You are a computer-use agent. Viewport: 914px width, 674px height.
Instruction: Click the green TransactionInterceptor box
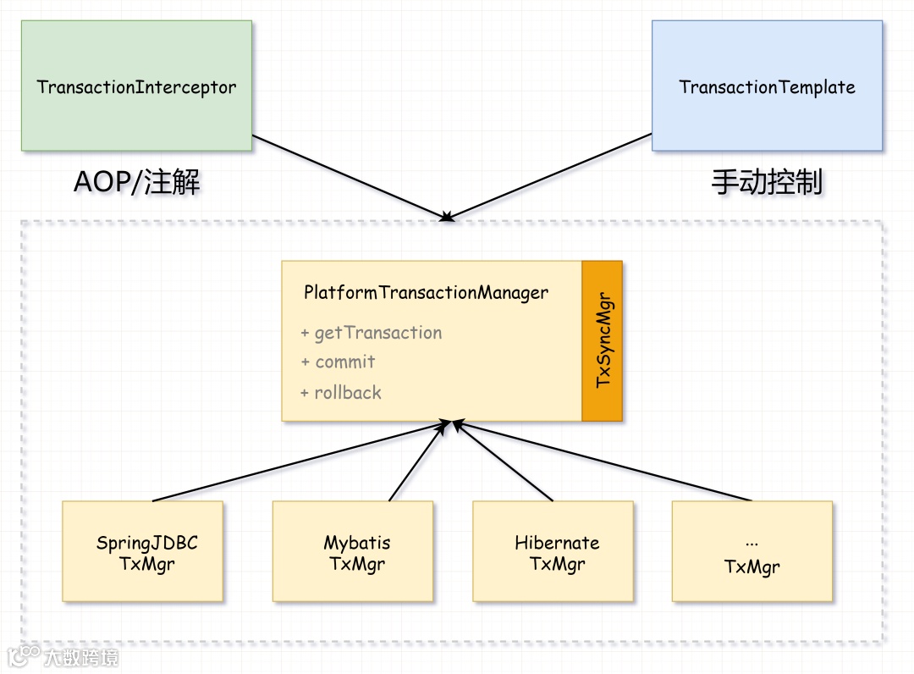[x=136, y=86]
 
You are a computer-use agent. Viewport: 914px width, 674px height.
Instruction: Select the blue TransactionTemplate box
[x=767, y=86]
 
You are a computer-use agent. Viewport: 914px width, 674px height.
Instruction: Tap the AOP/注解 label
[x=137, y=182]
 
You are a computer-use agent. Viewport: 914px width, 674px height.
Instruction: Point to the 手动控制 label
[x=767, y=182]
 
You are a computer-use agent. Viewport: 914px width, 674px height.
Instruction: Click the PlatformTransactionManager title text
[x=426, y=293]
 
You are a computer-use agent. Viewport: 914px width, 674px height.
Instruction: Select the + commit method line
[x=338, y=362]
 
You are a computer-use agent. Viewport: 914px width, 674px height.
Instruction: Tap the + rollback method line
[x=341, y=393]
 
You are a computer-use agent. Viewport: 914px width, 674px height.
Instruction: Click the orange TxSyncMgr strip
[x=603, y=340]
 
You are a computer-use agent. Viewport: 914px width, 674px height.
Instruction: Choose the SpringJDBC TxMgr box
[x=142, y=551]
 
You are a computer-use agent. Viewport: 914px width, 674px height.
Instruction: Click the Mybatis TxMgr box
[x=352, y=551]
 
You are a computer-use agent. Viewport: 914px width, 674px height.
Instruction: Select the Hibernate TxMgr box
[x=553, y=551]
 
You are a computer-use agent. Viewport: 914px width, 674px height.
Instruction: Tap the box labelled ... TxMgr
[x=752, y=551]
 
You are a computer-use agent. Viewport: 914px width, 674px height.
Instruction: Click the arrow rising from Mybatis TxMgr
[x=415, y=462]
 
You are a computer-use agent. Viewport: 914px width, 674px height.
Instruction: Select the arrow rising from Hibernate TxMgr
[x=504, y=462]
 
